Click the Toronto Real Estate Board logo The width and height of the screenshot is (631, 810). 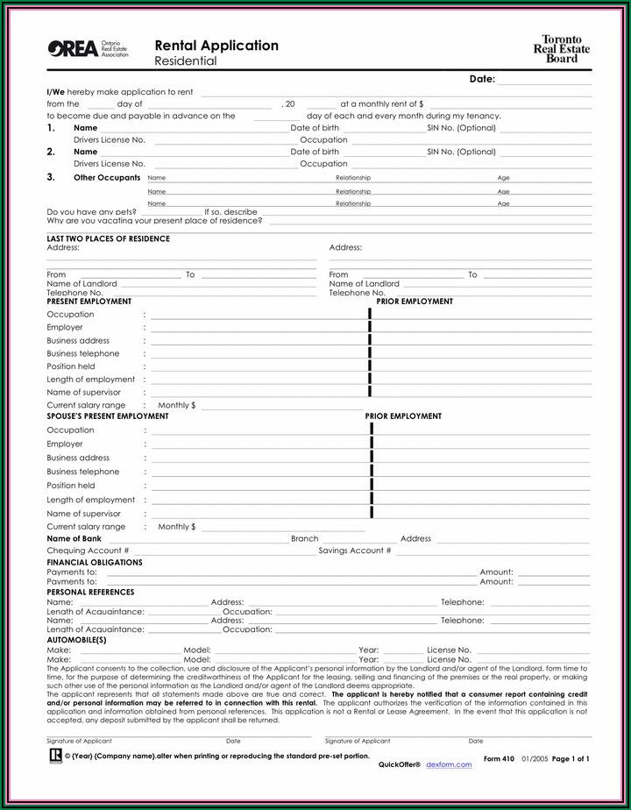point(562,49)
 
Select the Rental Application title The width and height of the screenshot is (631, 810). point(216,46)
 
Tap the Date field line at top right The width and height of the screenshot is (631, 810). point(543,80)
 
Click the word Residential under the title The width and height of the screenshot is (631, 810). point(185,62)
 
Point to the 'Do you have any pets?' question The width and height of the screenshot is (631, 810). point(91,211)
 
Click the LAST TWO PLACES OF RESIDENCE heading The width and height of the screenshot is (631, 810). point(108,238)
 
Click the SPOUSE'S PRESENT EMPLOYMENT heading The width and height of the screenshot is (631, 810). point(107,416)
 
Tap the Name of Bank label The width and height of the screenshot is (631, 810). point(74,539)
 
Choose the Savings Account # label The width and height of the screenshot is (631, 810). point(355,551)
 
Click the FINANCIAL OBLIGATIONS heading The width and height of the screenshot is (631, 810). point(94,563)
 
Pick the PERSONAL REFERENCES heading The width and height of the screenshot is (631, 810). point(90,593)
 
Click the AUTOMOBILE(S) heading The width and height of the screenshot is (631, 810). point(76,641)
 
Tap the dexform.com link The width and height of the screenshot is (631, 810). point(449,765)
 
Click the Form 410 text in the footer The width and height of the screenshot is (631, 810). point(499,758)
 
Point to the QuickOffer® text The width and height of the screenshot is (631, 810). point(400,765)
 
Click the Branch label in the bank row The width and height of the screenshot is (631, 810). point(305,539)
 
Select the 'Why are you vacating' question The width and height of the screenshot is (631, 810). point(154,221)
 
